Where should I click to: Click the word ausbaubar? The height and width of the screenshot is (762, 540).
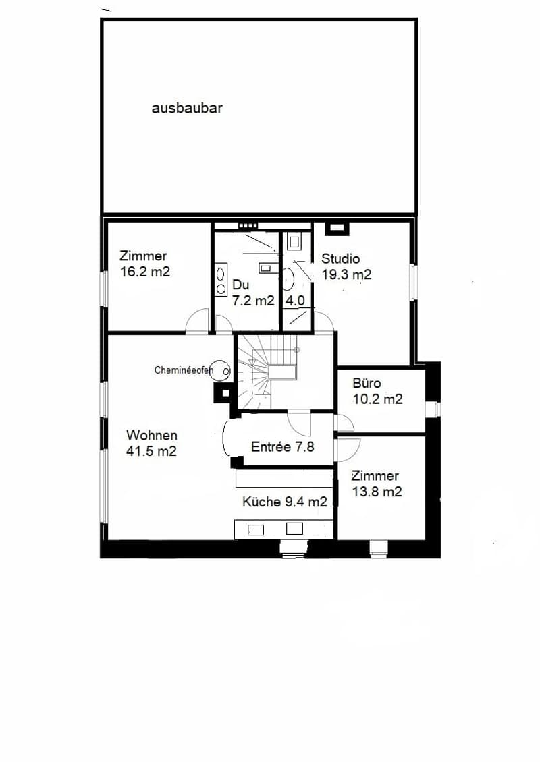coord(187,107)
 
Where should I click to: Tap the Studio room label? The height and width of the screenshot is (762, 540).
coord(341,258)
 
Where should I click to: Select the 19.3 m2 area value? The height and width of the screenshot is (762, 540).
coord(346,274)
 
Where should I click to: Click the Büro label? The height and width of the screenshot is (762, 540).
coord(367,383)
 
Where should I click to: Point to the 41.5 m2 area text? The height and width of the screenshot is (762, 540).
coord(151,451)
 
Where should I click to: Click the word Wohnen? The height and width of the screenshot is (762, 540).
coord(151,435)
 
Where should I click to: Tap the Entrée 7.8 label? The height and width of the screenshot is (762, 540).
coord(283,446)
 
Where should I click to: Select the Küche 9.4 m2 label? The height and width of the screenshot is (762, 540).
coord(285,502)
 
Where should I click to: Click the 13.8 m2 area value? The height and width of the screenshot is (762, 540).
coord(377,492)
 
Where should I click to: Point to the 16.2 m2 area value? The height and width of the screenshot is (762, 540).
coord(145,272)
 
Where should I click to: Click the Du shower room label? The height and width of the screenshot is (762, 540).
coord(240,285)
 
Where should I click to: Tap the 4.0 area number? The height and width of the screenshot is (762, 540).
coord(295,300)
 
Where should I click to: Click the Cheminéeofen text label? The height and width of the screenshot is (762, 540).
coord(184,370)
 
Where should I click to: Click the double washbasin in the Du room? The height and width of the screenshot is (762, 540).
coord(221,280)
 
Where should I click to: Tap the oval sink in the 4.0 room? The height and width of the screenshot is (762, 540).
coord(288,280)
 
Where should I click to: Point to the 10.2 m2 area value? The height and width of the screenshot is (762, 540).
coord(377,399)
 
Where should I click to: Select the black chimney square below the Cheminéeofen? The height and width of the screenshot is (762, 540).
coord(225,394)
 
